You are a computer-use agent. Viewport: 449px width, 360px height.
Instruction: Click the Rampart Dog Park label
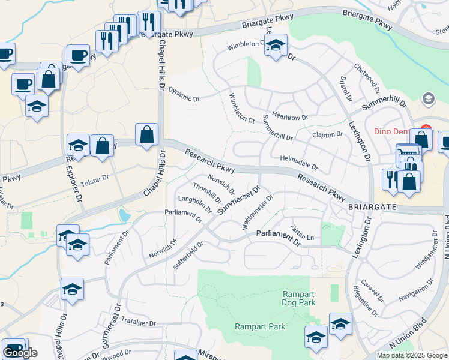pyautogui.click(x=300, y=298)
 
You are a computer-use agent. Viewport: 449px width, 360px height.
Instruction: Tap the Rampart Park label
pyautogui.click(x=259, y=326)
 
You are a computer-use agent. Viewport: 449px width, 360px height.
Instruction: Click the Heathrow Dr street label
pyautogui.click(x=289, y=116)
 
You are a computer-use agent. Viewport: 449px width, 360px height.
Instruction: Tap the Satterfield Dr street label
pyautogui.click(x=188, y=254)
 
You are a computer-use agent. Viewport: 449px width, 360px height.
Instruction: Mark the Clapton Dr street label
pyautogui.click(x=327, y=134)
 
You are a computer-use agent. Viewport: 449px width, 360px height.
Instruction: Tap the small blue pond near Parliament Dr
pyautogui.click(x=124, y=215)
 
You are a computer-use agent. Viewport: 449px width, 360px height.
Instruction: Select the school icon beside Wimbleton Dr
pyautogui.click(x=276, y=46)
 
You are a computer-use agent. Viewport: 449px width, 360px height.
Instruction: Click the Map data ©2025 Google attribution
pyautogui.click(x=412, y=355)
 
